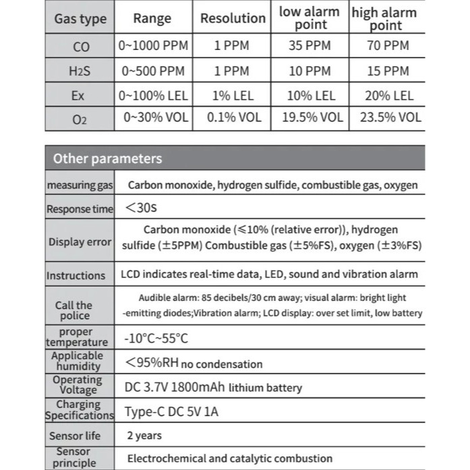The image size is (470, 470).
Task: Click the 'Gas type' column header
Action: (x=80, y=19)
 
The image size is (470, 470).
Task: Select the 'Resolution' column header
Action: (x=233, y=19)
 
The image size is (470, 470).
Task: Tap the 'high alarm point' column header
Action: (x=384, y=19)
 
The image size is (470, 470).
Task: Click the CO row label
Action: (x=80, y=47)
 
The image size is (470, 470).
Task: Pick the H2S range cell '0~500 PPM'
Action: (x=154, y=71)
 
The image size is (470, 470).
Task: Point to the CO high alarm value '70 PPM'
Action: (x=386, y=47)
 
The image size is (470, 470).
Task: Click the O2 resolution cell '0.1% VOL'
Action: (x=233, y=117)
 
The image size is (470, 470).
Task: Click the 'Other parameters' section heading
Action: (x=107, y=159)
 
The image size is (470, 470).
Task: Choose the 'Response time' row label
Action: (x=80, y=209)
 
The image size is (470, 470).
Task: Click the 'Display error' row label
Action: (x=80, y=242)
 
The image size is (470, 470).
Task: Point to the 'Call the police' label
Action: (x=74, y=310)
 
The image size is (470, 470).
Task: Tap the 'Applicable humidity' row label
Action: (x=78, y=361)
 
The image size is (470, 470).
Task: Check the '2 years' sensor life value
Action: (x=144, y=436)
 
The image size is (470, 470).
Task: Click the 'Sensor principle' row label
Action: (x=74, y=457)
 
